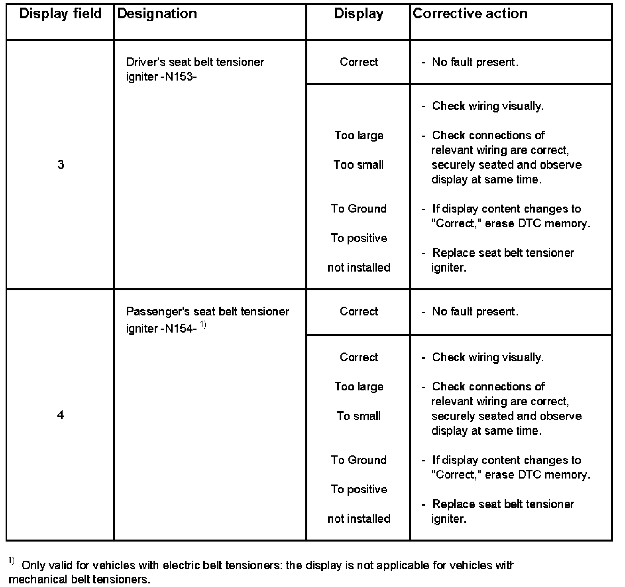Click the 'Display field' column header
(x=60, y=14)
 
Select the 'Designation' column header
(x=157, y=14)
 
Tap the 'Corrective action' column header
(x=470, y=14)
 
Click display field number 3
(x=61, y=165)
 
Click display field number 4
(x=60, y=415)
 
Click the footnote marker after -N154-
(x=203, y=326)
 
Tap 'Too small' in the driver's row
(x=358, y=165)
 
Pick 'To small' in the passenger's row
(x=359, y=416)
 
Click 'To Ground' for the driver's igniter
(x=359, y=209)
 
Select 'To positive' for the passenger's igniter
(x=359, y=489)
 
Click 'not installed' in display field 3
(x=359, y=267)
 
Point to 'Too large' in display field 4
(x=359, y=386)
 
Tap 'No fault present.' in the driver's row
(x=475, y=62)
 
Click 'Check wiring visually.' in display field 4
(x=488, y=357)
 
